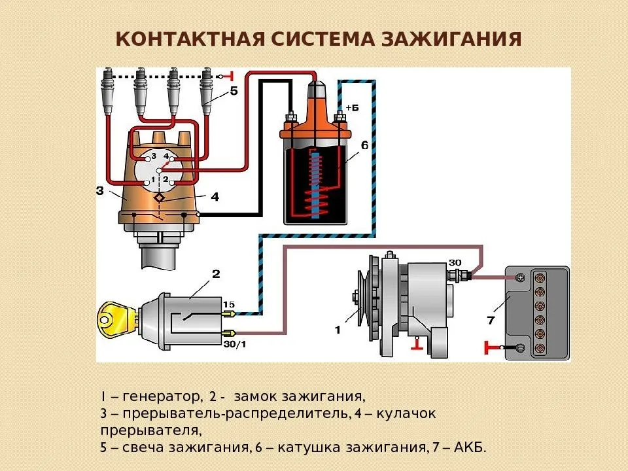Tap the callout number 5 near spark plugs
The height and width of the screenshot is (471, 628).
[234, 93]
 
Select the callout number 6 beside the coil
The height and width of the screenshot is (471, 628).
[364, 145]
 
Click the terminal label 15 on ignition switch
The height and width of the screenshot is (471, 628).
[229, 304]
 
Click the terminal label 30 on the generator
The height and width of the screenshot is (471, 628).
[455, 263]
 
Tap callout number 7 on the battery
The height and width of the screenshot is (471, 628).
[491, 321]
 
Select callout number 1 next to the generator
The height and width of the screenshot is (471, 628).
[338, 330]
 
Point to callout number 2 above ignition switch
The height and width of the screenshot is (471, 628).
[216, 273]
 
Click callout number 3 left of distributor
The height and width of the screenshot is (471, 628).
[99, 191]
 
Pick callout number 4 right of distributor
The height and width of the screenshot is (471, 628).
[215, 196]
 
